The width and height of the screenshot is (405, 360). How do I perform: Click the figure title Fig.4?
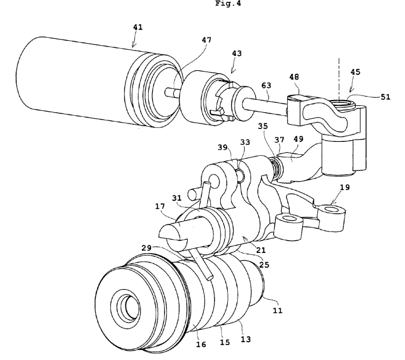click(x=228, y=3)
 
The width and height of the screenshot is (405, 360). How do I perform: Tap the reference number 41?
click(x=138, y=27)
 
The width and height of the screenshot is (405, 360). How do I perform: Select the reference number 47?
click(x=206, y=40)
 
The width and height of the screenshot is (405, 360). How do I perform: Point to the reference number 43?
click(x=236, y=54)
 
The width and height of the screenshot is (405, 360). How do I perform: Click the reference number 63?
click(x=266, y=85)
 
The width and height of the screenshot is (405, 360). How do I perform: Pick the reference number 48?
click(x=294, y=77)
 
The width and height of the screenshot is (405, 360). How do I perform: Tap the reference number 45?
click(x=355, y=72)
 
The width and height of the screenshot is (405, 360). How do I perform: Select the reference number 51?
click(x=385, y=97)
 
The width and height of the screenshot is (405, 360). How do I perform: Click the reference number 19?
click(x=345, y=187)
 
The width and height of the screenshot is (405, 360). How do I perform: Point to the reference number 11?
click(x=278, y=311)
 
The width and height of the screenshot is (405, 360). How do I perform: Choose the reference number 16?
click(x=201, y=344)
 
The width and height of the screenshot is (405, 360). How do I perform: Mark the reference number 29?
click(x=146, y=248)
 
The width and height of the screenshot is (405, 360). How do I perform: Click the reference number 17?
click(x=160, y=206)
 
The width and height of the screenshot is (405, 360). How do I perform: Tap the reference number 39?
click(x=223, y=147)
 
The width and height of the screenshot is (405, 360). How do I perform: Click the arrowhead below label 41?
click(x=133, y=45)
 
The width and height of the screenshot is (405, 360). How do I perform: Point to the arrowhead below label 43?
click(x=232, y=71)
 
